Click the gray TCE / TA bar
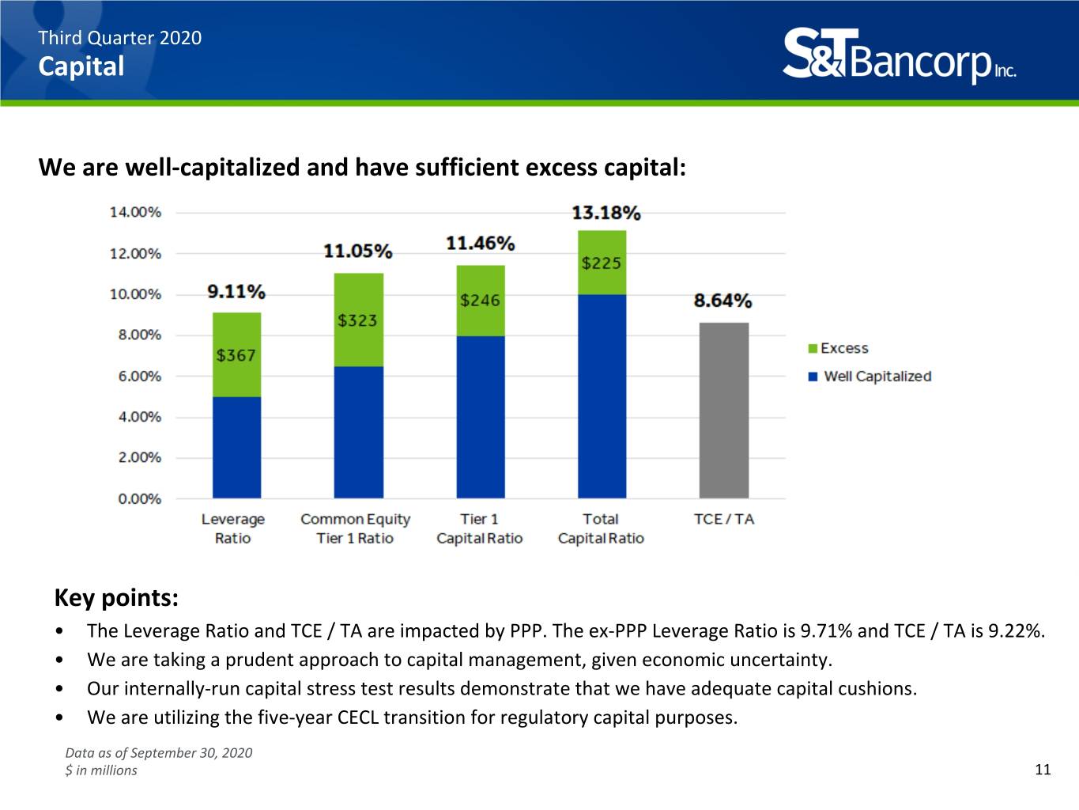723,411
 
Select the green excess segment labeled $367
236,354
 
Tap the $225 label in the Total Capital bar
602,263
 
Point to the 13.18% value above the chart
606,213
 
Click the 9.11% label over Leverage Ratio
236,292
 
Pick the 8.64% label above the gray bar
722,301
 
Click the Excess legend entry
838,348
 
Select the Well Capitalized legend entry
870,377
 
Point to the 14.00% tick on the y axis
135,213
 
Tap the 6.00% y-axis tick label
140,377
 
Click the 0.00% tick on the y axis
140,498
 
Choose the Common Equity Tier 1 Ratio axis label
355,528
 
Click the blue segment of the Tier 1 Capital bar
481,417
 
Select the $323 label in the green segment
357,320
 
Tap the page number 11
1043,769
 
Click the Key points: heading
116,598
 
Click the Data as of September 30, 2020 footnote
158,753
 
